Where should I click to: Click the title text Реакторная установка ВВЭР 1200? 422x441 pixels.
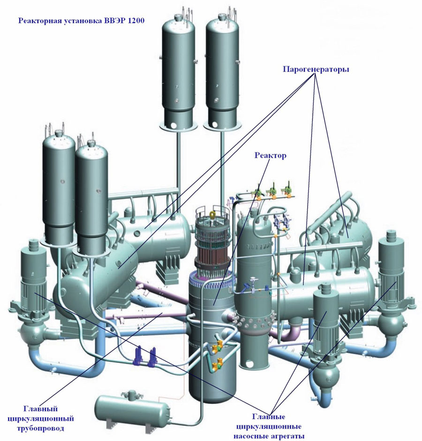(81, 21)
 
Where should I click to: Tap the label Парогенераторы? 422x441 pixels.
(316, 69)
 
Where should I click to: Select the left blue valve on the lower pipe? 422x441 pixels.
(139, 355)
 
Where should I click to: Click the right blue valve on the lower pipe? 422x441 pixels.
(153, 356)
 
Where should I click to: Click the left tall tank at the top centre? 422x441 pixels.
(179, 66)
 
